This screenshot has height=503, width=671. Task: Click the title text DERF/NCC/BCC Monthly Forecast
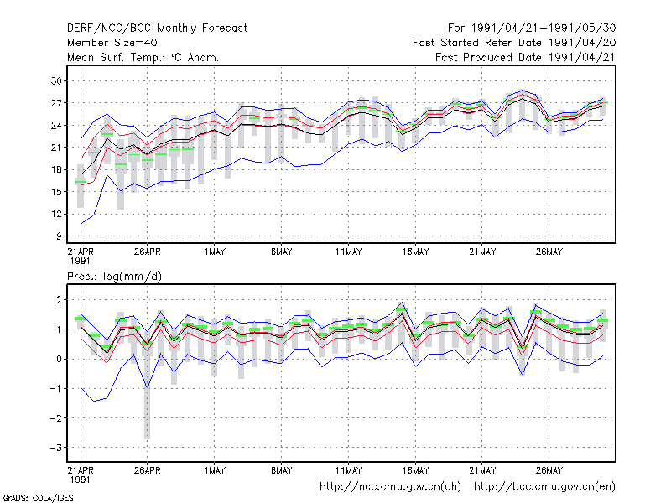click(x=157, y=29)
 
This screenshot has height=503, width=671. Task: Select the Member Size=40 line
click(x=112, y=43)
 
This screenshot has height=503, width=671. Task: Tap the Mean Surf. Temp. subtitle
click(x=143, y=57)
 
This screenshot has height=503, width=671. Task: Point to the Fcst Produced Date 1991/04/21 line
click(x=525, y=57)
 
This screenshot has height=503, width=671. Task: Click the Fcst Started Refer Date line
click(x=514, y=43)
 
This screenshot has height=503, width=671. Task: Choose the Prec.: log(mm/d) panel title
click(x=114, y=277)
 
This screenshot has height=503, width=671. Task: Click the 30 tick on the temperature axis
click(x=56, y=80)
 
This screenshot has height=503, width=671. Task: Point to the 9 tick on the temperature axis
click(x=59, y=236)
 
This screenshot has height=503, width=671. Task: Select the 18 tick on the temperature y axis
click(x=56, y=170)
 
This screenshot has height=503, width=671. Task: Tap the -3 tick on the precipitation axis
click(x=56, y=448)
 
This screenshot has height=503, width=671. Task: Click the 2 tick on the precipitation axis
click(x=59, y=300)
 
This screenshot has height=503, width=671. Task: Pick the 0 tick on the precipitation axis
click(x=59, y=360)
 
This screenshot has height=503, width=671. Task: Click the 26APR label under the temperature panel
click(x=148, y=252)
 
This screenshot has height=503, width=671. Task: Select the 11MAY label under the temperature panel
click(x=348, y=252)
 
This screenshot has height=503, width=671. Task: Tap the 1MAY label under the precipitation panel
click(x=215, y=470)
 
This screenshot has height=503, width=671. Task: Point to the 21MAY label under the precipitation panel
click(x=482, y=470)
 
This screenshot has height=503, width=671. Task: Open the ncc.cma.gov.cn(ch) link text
click(x=390, y=487)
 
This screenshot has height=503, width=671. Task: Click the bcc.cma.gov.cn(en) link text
click(x=544, y=487)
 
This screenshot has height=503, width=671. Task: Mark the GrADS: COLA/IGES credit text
click(x=38, y=498)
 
